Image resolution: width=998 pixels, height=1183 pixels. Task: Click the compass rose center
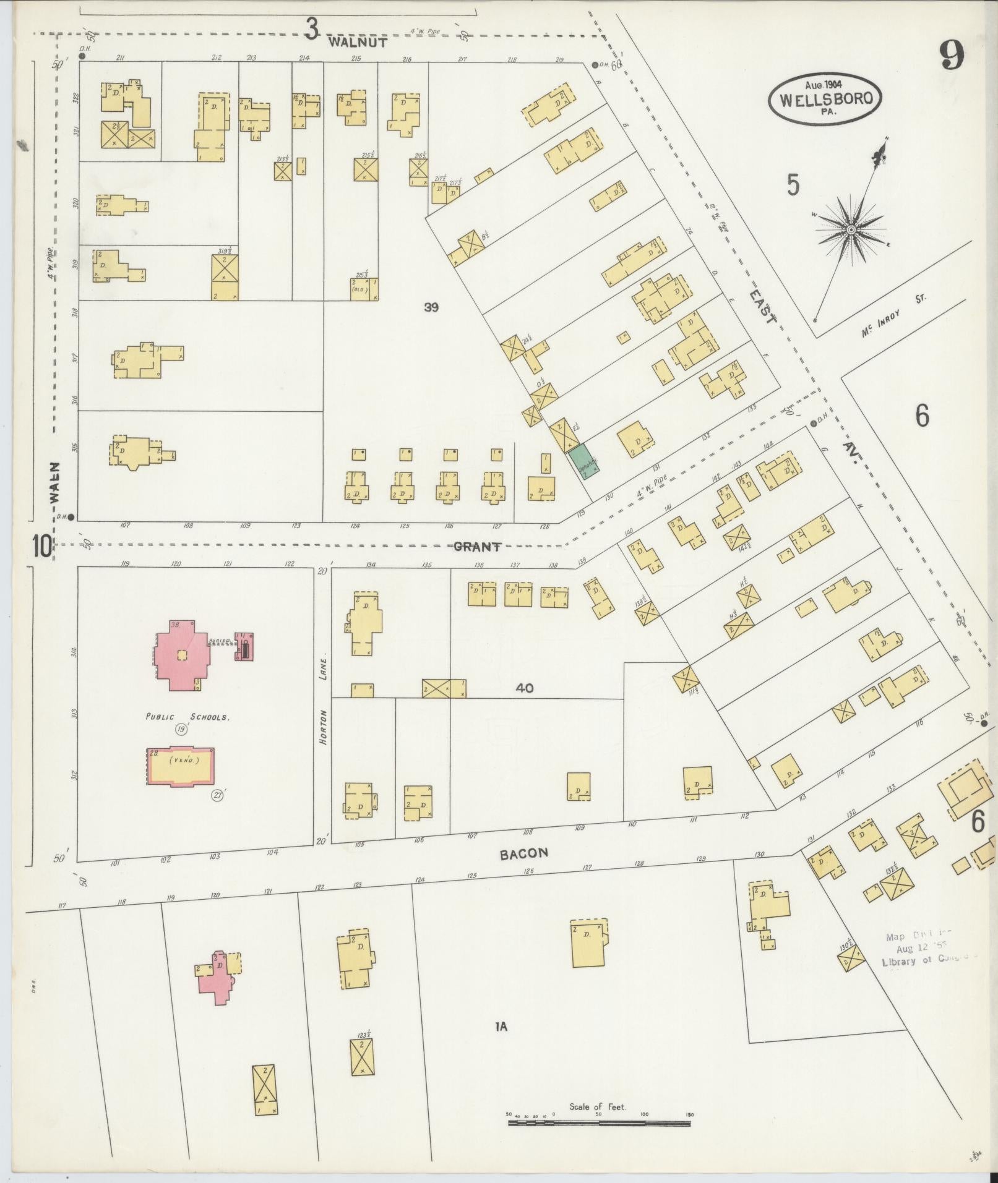pos(851,229)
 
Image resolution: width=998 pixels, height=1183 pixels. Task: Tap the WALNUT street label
pos(358,42)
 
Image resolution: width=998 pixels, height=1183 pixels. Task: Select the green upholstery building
pos(585,461)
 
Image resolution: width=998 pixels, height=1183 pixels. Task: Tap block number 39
pos(431,307)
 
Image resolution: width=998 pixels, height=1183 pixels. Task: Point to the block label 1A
pos(501,1027)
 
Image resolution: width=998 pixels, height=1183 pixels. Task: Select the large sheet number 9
pos(952,56)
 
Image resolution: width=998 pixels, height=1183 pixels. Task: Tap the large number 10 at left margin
pos(43,547)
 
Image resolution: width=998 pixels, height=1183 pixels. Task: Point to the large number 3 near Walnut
pos(312,28)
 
